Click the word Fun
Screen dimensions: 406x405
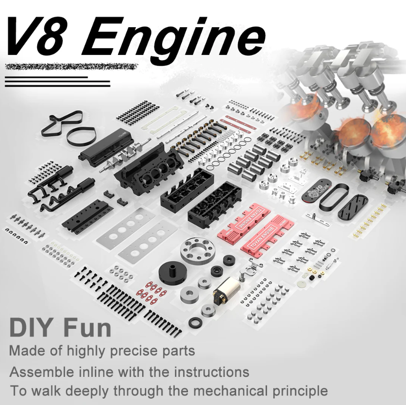(88, 327)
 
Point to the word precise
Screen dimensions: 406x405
(134, 351)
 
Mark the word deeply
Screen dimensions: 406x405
(87, 391)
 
